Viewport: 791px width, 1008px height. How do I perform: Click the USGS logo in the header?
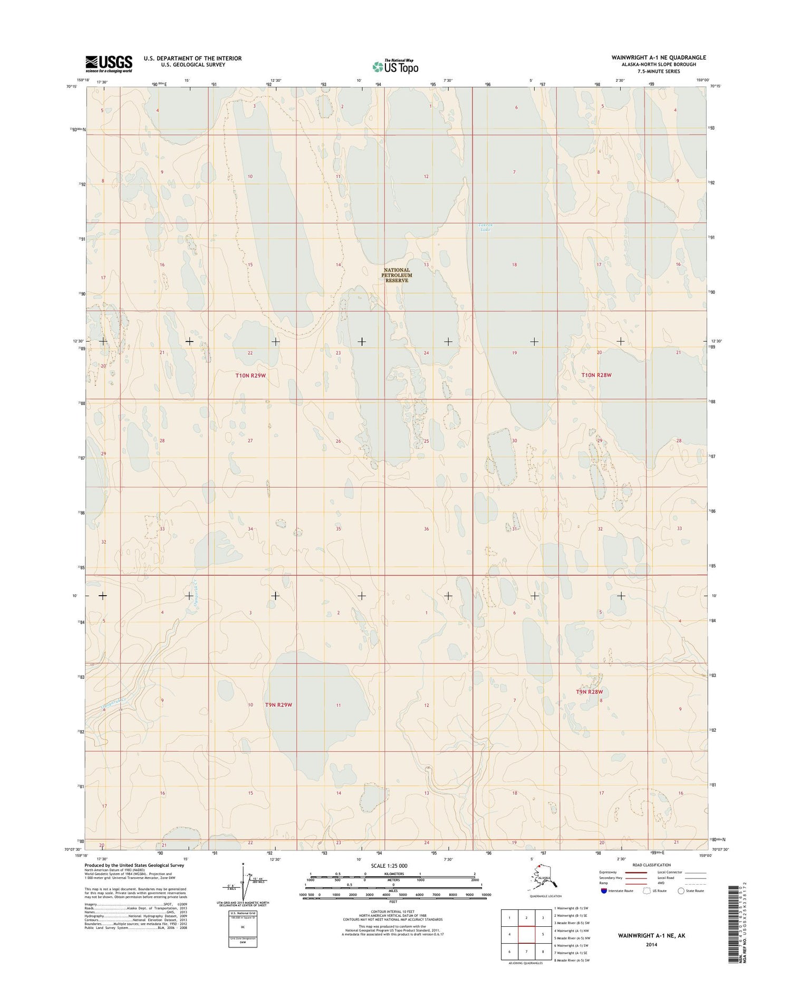coord(109,64)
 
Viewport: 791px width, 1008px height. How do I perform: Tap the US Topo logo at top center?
coord(395,66)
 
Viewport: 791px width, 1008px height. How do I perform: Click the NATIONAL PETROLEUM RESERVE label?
coord(398,275)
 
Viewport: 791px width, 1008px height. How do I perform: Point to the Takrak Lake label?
coord(485,228)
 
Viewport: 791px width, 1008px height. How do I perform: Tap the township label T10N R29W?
coord(250,375)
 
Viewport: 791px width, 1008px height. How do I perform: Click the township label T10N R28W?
coord(596,375)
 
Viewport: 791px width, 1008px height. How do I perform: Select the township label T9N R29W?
coord(278,705)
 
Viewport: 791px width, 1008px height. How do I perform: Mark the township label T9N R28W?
coord(589,692)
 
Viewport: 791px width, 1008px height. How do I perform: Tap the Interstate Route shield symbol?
coord(604,891)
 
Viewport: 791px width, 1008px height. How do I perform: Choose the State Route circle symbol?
coord(681,891)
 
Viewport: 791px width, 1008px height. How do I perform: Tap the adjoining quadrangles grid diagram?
coord(526,935)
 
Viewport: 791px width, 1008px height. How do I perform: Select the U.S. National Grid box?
coord(243,928)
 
